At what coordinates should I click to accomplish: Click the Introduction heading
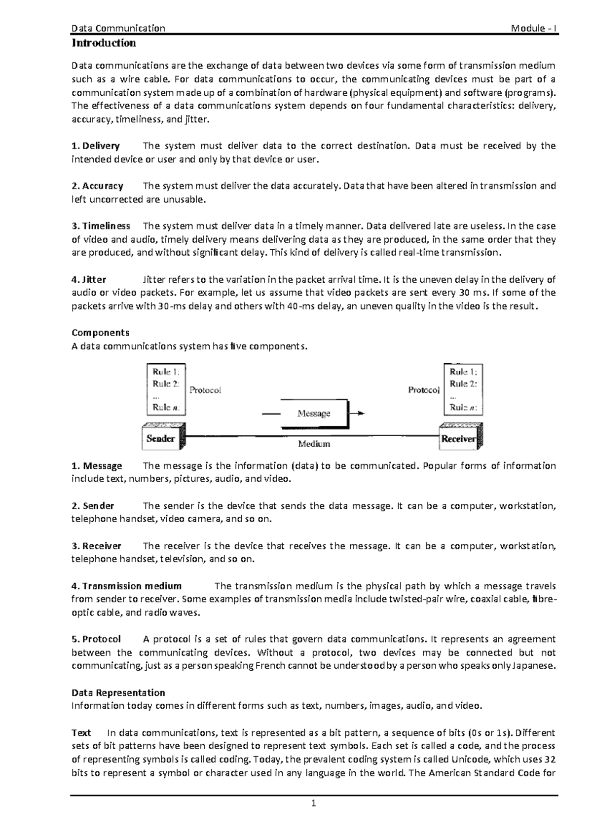[104, 43]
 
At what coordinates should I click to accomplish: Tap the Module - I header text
[534, 28]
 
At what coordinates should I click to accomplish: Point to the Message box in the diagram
[314, 414]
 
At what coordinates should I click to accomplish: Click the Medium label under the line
[314, 444]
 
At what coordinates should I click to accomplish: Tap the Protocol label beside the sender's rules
[205, 390]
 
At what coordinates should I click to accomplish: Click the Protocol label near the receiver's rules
[423, 390]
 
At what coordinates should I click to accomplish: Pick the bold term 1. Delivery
[96, 146]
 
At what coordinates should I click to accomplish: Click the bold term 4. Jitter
[89, 279]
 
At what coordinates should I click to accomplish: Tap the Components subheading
[101, 332]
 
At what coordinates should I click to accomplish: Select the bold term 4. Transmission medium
[127, 586]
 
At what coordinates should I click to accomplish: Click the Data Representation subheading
[118, 692]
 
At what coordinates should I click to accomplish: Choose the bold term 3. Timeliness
[101, 226]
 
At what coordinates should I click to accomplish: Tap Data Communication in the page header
[118, 28]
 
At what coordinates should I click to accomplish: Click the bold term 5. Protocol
[96, 639]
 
